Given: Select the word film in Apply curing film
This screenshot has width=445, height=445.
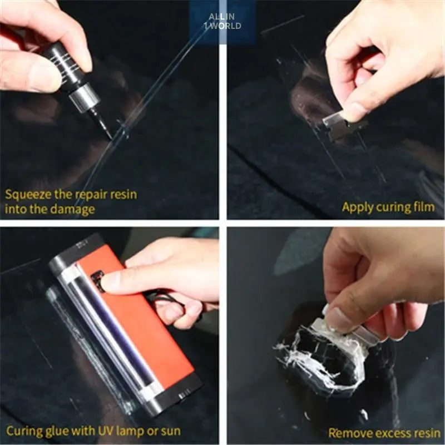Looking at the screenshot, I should pos(424,207).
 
